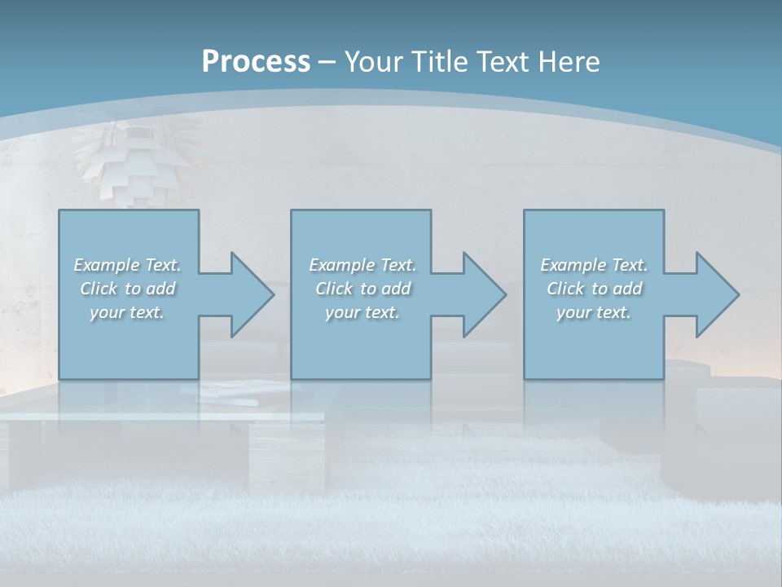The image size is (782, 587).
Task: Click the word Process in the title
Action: point(256,62)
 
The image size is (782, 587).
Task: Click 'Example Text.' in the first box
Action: point(127,265)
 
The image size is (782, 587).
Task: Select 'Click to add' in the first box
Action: point(127,289)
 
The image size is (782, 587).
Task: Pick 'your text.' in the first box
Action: point(127,312)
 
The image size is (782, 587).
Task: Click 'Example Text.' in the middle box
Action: point(362,265)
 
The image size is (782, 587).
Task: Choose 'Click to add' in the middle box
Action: point(362,289)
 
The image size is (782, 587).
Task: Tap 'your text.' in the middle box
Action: point(362,312)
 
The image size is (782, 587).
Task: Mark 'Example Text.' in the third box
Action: point(594,265)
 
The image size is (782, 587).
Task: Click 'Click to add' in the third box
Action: point(594,289)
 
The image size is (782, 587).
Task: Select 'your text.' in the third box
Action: point(594,312)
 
